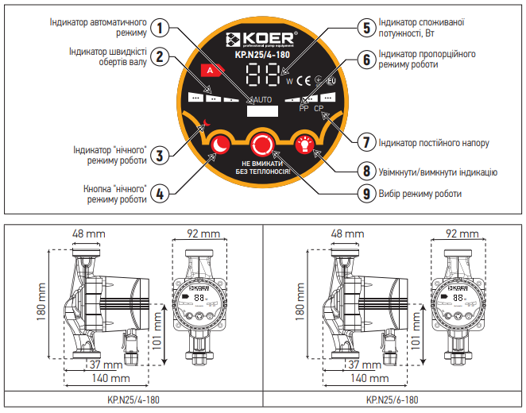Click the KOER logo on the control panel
[x=261, y=40]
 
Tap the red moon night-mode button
[x=219, y=145]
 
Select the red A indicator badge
[x=210, y=71]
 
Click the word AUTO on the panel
[x=262, y=100]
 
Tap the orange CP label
[x=319, y=109]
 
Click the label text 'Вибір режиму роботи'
[x=421, y=193]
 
